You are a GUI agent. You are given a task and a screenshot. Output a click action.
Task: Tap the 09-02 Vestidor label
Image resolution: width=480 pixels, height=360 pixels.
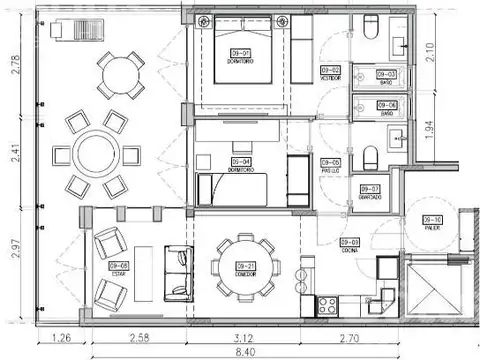point(330,72)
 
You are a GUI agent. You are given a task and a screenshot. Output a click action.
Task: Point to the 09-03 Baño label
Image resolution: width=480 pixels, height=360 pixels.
point(386,76)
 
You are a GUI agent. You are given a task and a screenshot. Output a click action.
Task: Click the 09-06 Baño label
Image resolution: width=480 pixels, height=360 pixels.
point(386,108)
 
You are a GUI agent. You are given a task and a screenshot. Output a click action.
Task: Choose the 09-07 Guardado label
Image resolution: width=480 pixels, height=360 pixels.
point(369,192)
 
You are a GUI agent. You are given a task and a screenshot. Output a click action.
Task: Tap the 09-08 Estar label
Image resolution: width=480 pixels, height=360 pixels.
point(125,267)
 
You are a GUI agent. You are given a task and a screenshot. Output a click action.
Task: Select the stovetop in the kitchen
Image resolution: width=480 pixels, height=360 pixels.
point(328,303)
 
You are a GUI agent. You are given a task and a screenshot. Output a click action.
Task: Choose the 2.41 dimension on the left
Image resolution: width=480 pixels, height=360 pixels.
point(14,154)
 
